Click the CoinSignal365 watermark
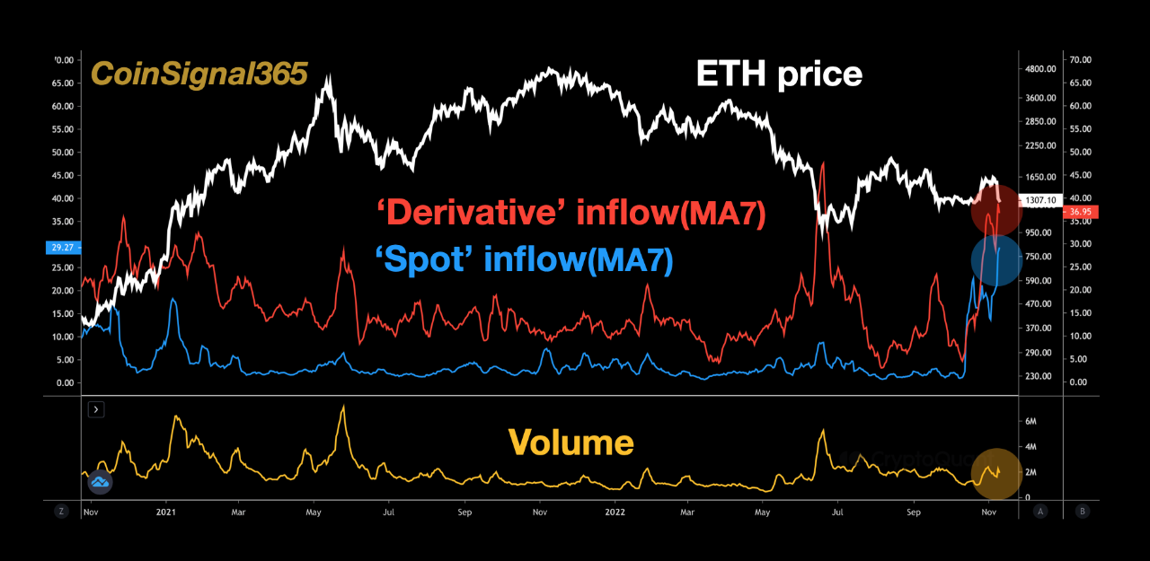click(x=200, y=74)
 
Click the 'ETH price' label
click(x=779, y=74)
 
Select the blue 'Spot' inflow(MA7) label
click(x=524, y=260)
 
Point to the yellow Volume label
click(x=571, y=443)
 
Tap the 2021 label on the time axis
click(x=164, y=512)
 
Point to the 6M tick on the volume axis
click(x=1033, y=421)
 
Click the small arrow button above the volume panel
click(x=97, y=409)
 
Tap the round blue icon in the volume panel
click(x=100, y=482)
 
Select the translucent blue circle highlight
click(x=995, y=260)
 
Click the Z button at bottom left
click(x=61, y=511)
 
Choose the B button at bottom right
click(x=1082, y=511)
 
